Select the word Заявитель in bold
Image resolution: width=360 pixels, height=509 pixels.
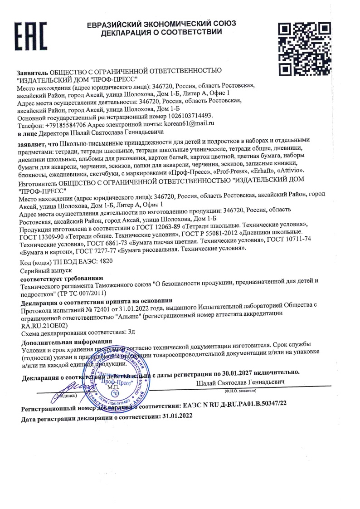click(32, 73)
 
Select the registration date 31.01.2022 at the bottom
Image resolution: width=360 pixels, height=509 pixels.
click(177, 416)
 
